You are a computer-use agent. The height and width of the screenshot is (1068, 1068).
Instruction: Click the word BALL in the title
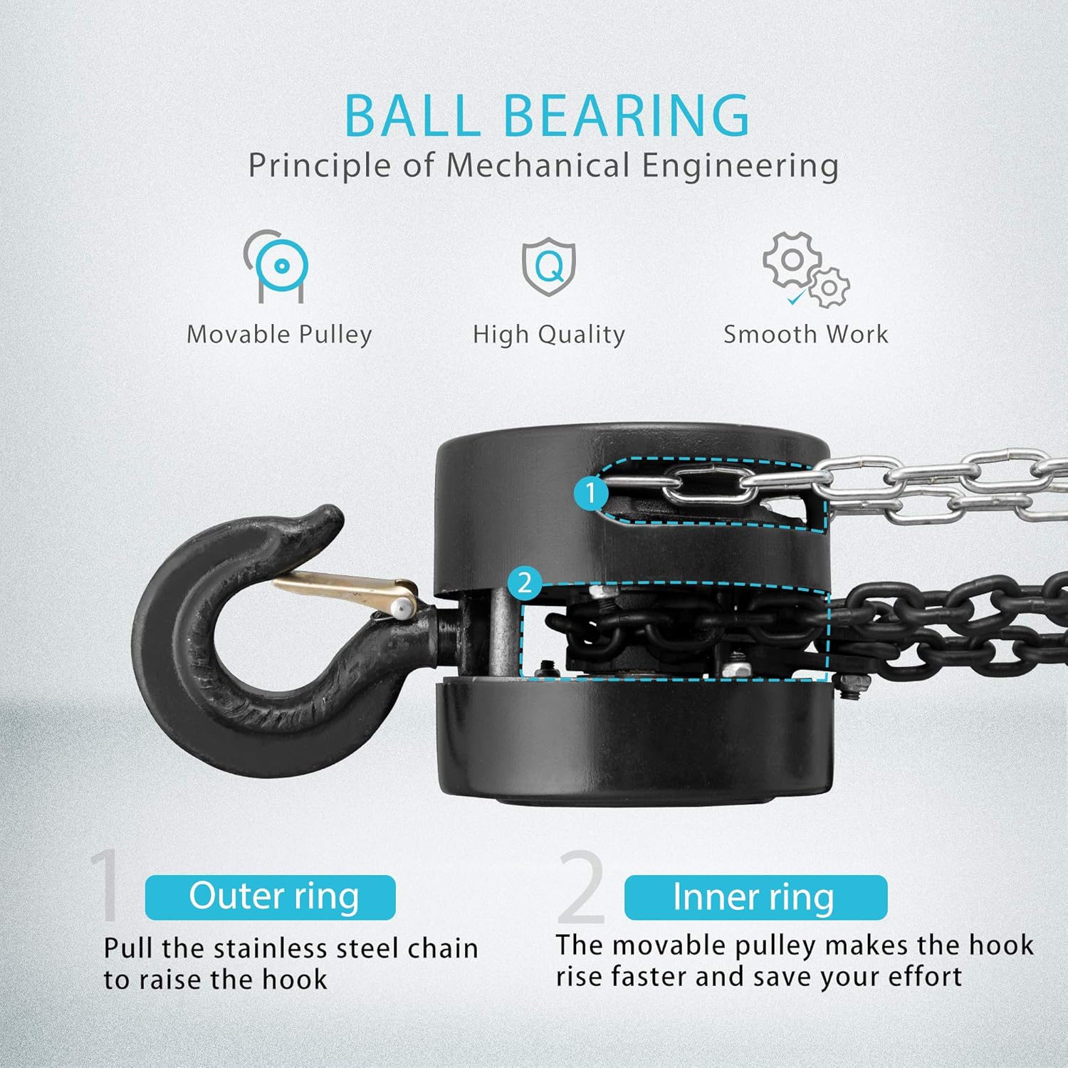413,115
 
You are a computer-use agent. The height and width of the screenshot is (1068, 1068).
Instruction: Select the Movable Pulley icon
278,266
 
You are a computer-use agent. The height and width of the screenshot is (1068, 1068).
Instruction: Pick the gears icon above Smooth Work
805,269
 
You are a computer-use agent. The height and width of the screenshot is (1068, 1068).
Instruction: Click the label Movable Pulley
279,335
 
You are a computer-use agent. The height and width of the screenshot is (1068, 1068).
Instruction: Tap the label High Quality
549,335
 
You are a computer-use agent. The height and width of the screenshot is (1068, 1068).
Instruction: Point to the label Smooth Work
806,334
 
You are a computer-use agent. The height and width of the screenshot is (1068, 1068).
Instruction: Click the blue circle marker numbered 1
590,492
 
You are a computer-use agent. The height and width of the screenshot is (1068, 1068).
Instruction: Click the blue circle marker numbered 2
525,583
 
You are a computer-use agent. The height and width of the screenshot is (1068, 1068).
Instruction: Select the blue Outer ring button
271,897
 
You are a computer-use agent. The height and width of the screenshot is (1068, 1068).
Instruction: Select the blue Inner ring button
755,897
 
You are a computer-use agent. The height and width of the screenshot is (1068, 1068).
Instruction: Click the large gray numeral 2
582,886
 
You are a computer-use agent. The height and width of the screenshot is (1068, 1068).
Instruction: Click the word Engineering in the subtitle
740,166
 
